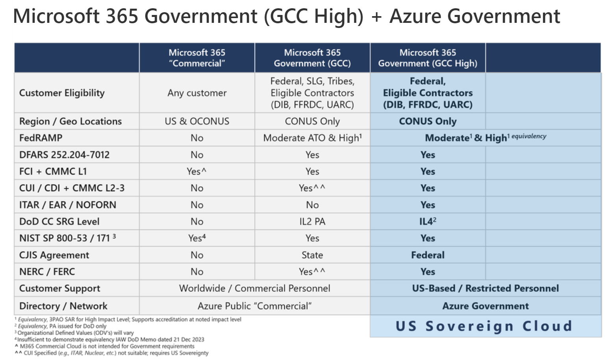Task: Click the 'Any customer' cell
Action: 197,93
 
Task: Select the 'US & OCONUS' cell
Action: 197,121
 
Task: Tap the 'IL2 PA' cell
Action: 312,221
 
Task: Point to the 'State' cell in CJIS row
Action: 312,255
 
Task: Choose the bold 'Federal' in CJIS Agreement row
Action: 428,255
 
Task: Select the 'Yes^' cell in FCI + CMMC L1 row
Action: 197,171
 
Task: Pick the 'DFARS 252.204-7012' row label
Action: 64,155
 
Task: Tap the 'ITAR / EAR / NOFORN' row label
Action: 68,205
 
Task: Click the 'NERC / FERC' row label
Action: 47,272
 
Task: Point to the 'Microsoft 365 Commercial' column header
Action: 197,58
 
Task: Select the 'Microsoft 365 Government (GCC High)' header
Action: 428,58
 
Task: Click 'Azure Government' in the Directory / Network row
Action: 486,306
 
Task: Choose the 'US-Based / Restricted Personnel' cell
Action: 486,288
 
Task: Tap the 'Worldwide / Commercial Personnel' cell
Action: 254,288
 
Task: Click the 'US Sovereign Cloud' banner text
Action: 484,326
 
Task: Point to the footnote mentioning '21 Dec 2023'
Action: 111,340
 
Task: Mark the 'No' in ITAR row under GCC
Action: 312,205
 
